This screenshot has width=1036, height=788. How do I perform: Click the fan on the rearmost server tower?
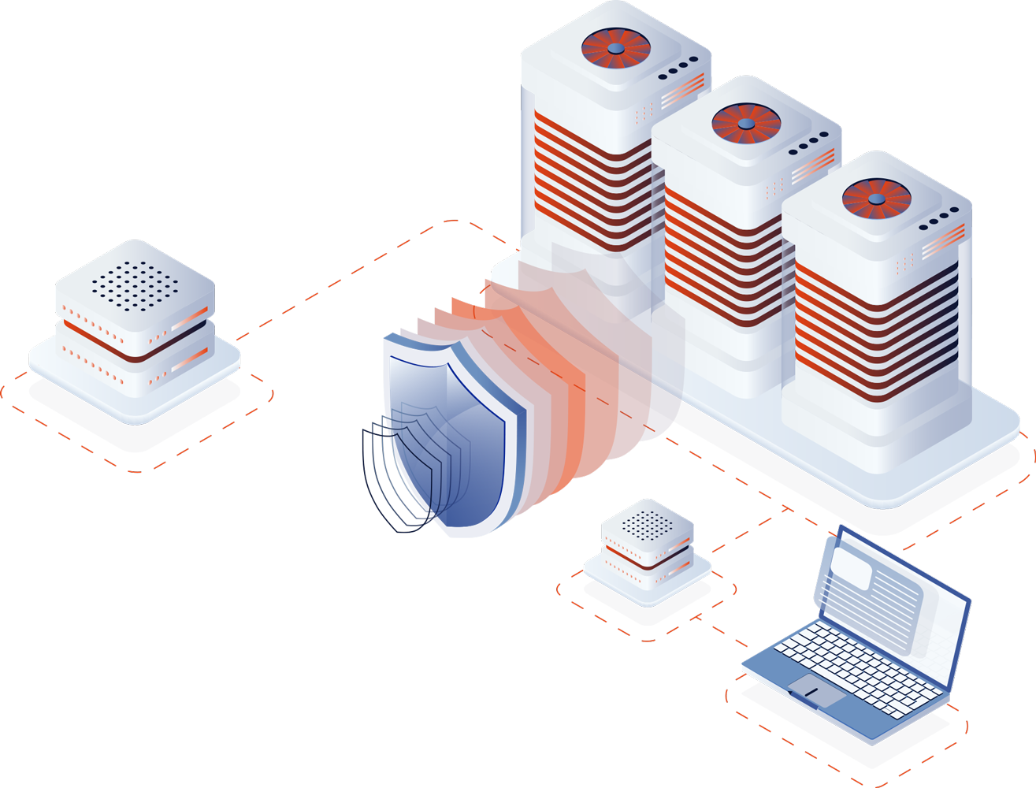(615, 48)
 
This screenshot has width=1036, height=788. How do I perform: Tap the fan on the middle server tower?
(745, 124)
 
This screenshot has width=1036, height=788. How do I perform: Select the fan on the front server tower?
(875, 199)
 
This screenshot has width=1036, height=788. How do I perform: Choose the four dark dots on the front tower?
(938, 217)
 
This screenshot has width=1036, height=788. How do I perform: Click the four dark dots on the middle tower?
(808, 142)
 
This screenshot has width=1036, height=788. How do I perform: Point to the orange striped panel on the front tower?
(874, 331)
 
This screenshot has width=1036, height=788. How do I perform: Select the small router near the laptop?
(648, 552)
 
